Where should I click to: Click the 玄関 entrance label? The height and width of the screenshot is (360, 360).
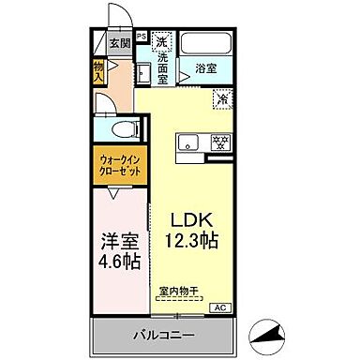pyautogui.click(x=119, y=42)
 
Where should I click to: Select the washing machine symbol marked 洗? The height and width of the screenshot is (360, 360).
pyautogui.click(x=161, y=41)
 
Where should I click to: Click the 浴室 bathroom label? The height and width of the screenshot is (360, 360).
pyautogui.click(x=206, y=67)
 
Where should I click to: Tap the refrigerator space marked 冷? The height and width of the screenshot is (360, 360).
pyautogui.click(x=223, y=97)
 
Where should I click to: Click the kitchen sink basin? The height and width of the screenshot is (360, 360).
pyautogui.click(x=187, y=142)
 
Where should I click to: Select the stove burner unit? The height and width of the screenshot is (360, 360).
pyautogui.click(x=220, y=142)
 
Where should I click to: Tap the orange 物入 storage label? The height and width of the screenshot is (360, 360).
pyautogui.click(x=97, y=71)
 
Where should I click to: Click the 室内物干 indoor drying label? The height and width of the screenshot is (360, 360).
pyautogui.click(x=178, y=291)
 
